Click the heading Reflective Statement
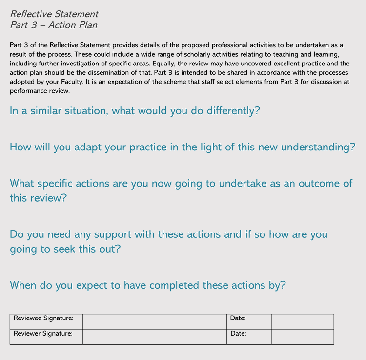pyautogui.click(x=54, y=14)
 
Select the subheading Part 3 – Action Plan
pyautogui.click(x=54, y=25)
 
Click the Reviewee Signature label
pyautogui.click(x=43, y=318)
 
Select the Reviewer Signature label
pyautogui.click(x=43, y=334)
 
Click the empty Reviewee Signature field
pyautogui.click(x=155, y=321)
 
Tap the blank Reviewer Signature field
pyautogui.click(x=155, y=337)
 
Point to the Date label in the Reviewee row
pyautogui.click(x=238, y=318)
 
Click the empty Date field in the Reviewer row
pyautogui.click(x=303, y=337)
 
